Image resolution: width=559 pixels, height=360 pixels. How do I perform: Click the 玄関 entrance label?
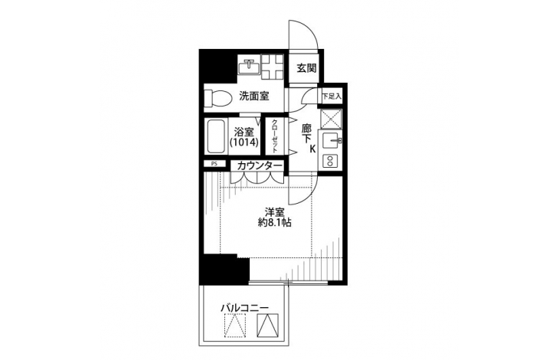tap(306, 67)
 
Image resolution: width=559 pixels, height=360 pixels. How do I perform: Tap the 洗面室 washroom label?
tap(253, 96)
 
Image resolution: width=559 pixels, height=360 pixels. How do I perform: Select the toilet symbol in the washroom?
tap(217, 97)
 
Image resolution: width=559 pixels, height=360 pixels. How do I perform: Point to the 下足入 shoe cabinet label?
tap(332, 97)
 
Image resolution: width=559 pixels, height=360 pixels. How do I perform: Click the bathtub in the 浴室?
tap(216, 137)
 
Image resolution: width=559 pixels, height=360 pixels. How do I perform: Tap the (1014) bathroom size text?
tap(244, 142)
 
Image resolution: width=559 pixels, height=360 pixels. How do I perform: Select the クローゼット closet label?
tap(275, 136)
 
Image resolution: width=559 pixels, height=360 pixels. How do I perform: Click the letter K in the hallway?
tap(312, 149)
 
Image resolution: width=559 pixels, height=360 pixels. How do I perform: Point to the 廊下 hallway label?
tap(306, 133)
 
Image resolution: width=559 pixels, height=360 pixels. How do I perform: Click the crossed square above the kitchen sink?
tap(331, 119)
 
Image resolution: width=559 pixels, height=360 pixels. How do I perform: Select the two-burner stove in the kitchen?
tap(331, 161)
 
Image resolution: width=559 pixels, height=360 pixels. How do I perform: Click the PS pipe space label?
tap(214, 164)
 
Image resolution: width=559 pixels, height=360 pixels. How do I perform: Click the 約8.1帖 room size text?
tap(274, 223)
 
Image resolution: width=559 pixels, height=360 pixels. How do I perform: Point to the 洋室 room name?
tap(274, 213)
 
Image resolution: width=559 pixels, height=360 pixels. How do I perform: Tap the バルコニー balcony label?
tap(244, 308)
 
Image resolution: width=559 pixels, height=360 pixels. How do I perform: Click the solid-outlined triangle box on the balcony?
tap(267, 325)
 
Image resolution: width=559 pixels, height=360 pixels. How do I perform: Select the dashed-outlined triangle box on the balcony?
tap(235, 325)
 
